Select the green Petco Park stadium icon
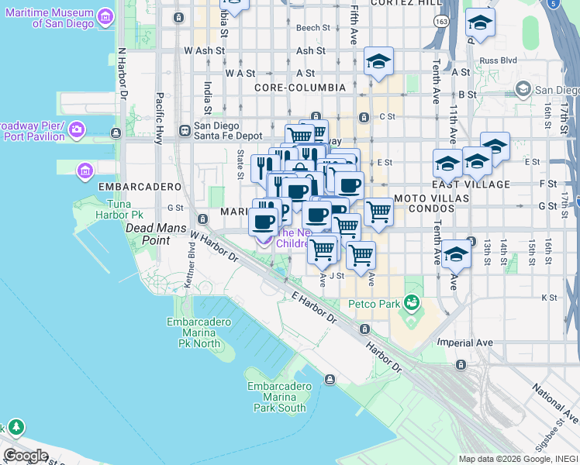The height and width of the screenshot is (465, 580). point(411,302)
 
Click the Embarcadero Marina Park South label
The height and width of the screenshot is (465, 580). point(276,397)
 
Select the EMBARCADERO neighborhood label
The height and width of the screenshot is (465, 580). point(129,187)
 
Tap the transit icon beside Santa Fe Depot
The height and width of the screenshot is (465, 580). point(185,130)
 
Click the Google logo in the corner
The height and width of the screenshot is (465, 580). point(26,456)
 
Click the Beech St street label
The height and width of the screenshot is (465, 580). point(312,28)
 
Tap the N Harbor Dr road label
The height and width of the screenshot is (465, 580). point(122,74)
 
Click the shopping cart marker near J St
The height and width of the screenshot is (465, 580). point(361,255)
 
